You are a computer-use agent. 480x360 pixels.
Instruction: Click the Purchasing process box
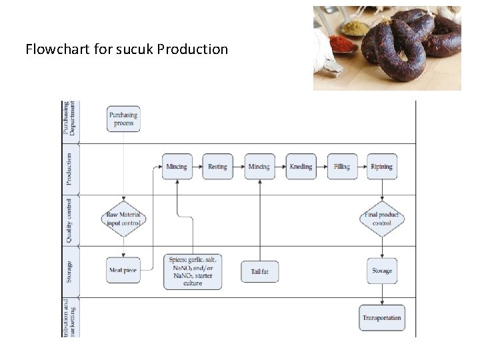coord(124,119)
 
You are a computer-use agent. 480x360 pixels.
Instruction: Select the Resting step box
coord(217,167)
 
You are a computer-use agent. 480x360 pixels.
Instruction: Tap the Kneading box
coord(301,167)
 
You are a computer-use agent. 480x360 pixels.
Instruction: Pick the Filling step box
coord(342,167)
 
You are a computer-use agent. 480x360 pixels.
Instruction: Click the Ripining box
coord(381,167)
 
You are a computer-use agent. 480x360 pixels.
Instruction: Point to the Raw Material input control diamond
coord(123,219)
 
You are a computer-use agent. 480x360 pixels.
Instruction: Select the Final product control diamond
coord(382,219)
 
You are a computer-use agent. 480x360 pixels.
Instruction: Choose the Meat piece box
coord(123,271)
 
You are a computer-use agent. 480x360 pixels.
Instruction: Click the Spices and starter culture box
coord(193,271)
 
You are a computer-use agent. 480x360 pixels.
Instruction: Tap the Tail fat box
coord(259,271)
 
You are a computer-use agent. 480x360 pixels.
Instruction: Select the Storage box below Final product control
coord(382,271)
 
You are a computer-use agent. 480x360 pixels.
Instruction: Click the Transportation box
coord(382,318)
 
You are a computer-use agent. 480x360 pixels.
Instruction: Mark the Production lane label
coord(69,169)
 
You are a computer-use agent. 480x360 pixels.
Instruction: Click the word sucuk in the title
coord(137,49)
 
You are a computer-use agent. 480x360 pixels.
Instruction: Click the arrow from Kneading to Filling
coord(321,167)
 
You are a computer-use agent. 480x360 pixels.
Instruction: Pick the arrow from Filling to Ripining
coord(361,167)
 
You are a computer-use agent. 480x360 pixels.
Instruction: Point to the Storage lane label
coord(69,271)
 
